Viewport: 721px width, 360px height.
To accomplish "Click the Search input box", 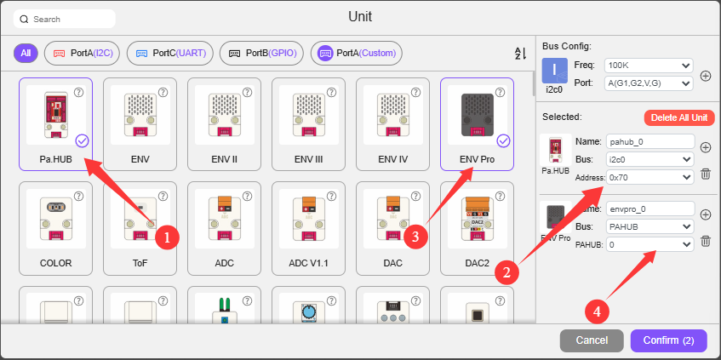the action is [x=65, y=20].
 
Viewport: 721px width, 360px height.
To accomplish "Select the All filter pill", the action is [x=26, y=54].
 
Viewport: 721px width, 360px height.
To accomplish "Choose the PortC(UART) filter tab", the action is [x=170, y=54].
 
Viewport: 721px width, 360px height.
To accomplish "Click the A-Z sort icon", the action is [x=520, y=54].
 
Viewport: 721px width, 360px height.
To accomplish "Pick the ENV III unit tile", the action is [x=308, y=124].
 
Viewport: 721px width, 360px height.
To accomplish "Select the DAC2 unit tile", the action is [x=477, y=228].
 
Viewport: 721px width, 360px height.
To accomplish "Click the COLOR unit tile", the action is [x=55, y=228].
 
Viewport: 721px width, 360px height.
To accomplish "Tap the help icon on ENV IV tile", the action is [x=416, y=93].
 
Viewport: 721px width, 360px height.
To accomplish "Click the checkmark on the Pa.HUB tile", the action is [x=82, y=140].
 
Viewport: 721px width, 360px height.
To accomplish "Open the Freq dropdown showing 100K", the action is [x=649, y=66].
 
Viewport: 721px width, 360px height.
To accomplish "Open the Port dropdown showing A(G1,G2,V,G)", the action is [x=649, y=83].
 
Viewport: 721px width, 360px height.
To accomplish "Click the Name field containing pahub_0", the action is [x=650, y=141].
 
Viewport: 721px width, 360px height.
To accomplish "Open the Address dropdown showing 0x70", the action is [x=650, y=177].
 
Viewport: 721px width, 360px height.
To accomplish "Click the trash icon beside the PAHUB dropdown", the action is [x=706, y=242].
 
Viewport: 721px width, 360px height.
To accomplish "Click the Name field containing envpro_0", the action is [x=650, y=209].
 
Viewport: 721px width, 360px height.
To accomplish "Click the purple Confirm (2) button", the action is [x=668, y=340].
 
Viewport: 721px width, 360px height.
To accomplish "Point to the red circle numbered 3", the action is [x=415, y=237].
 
